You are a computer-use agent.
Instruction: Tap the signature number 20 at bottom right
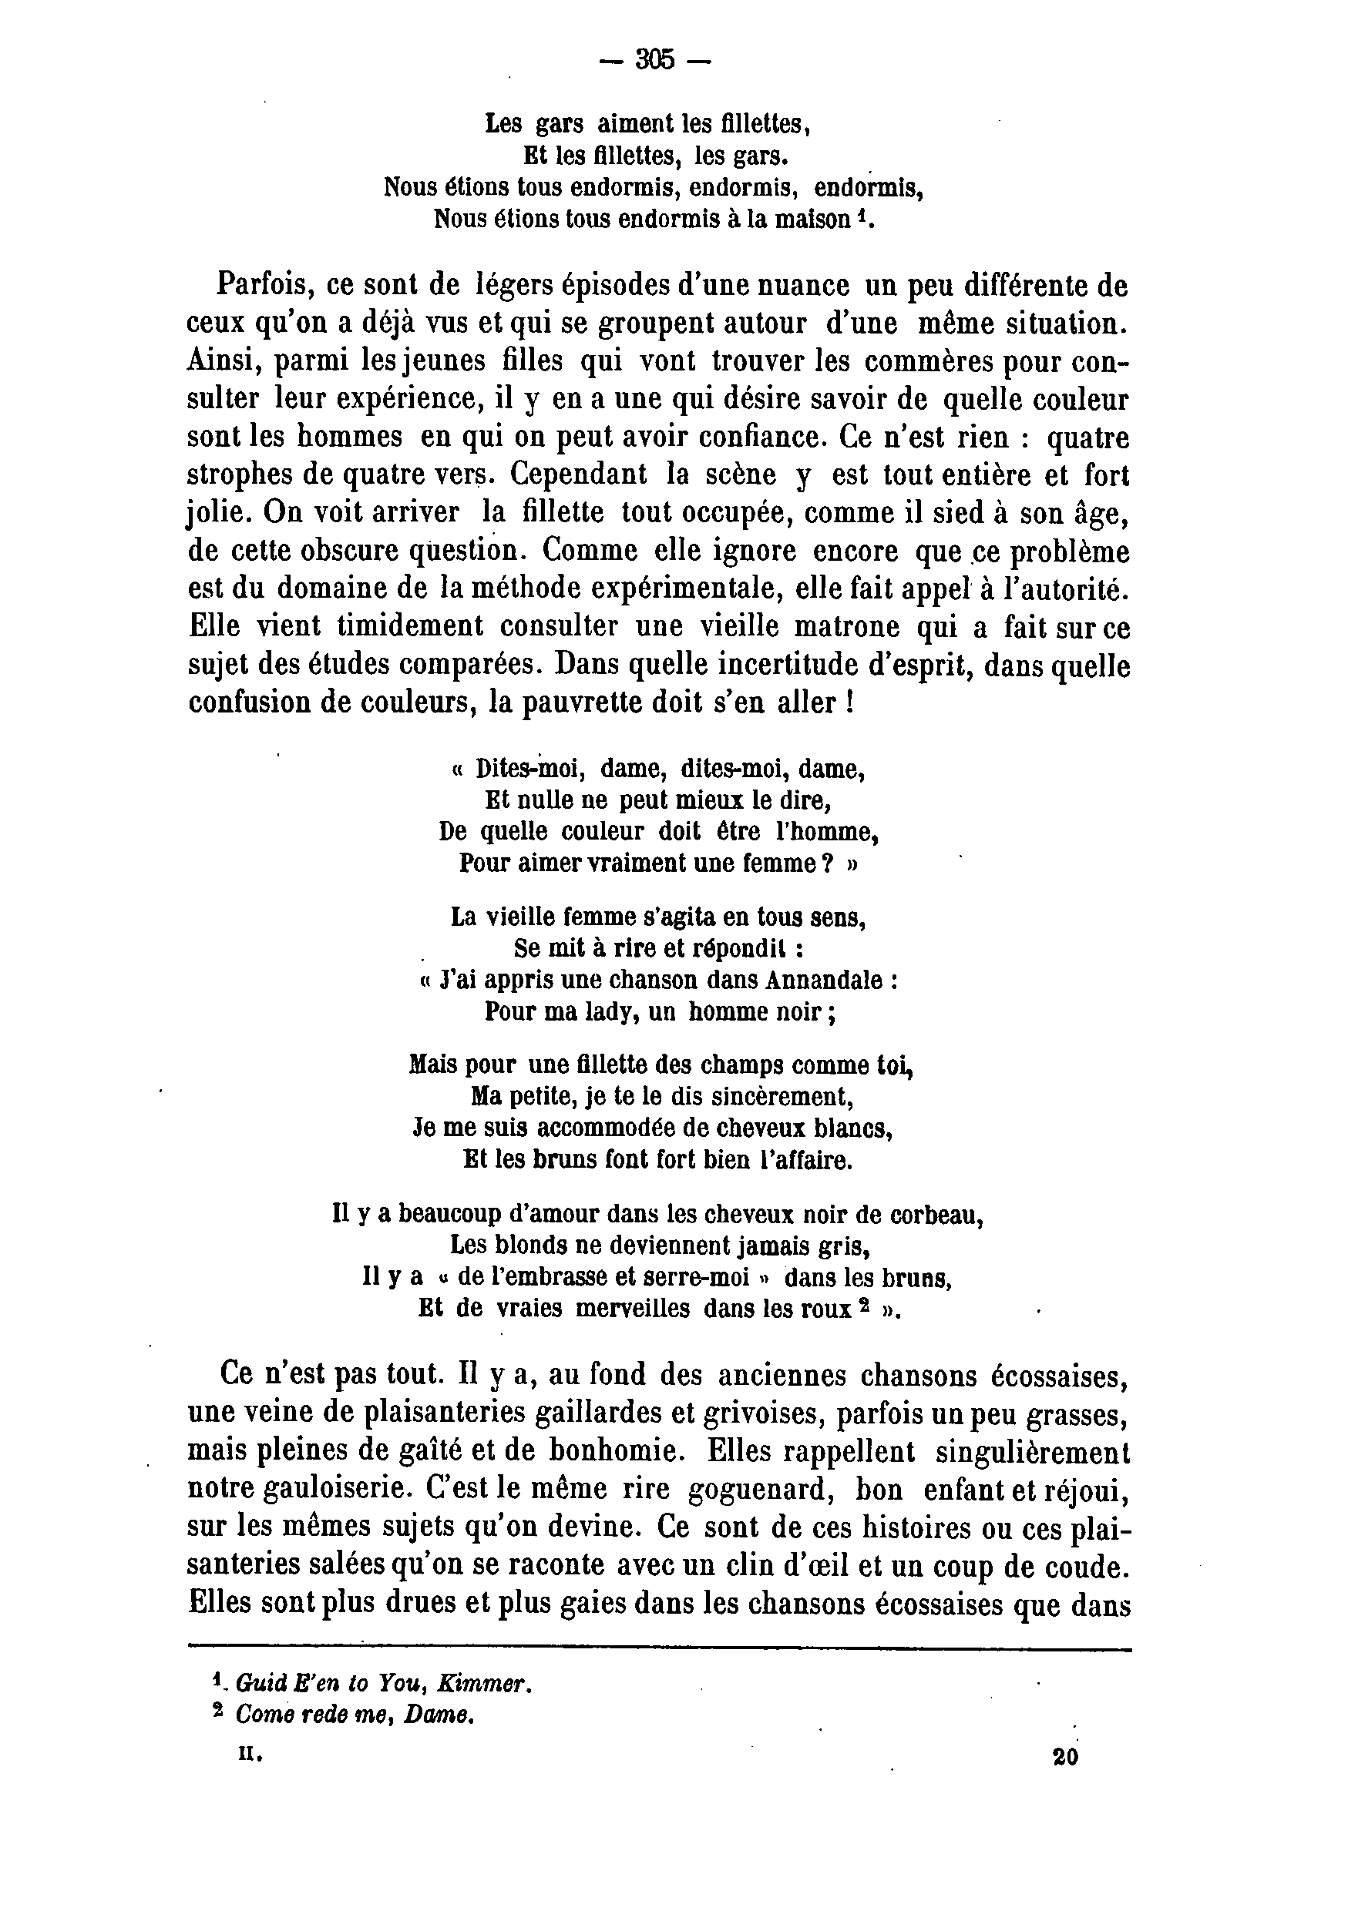(1065, 1757)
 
